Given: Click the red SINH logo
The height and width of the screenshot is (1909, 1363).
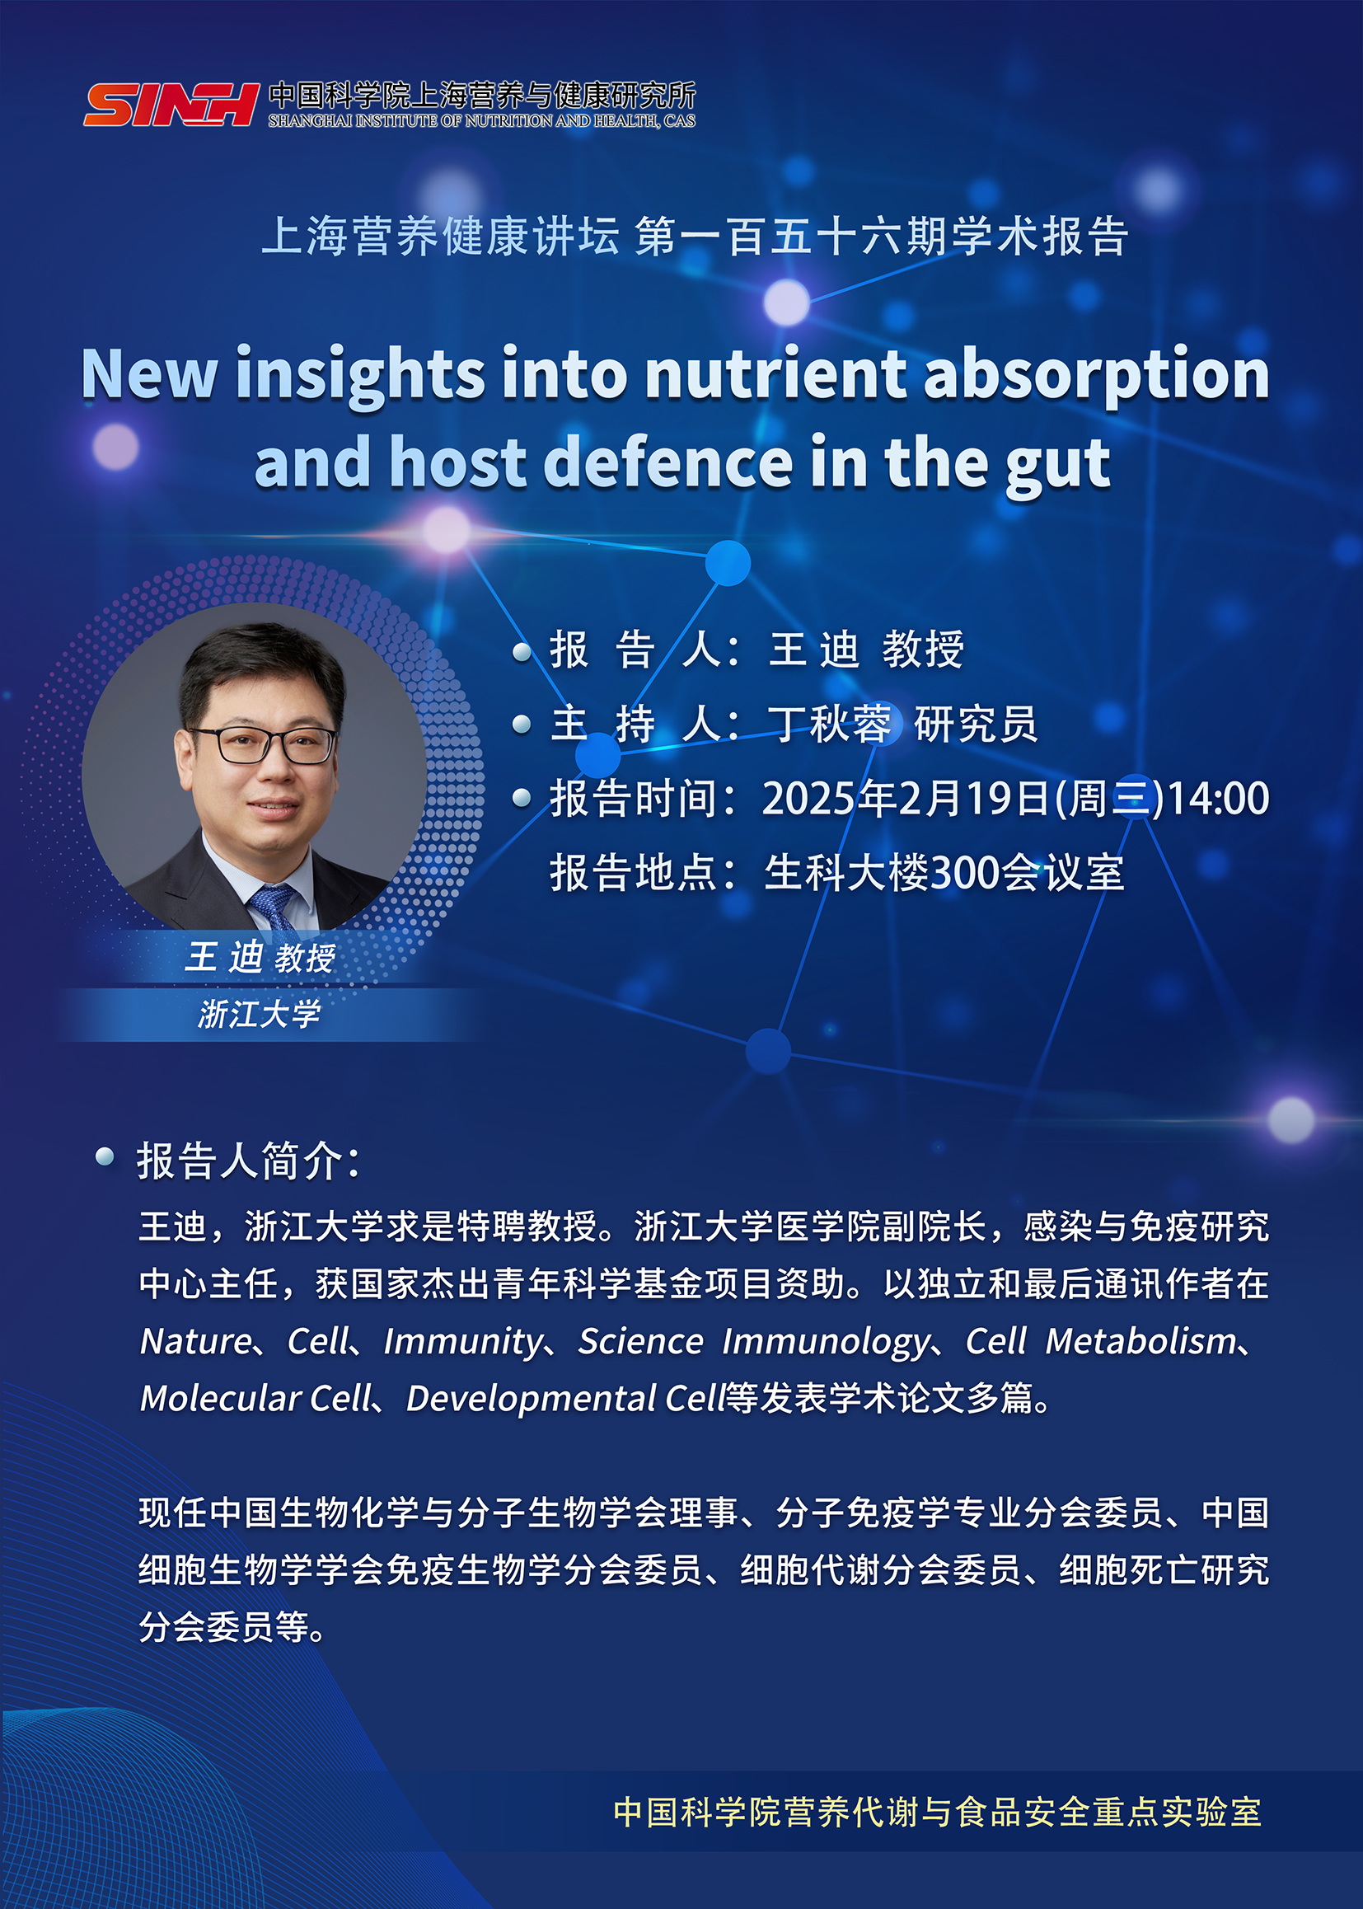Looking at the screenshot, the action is point(171,104).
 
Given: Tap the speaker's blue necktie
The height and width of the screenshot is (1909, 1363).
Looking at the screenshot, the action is point(273,908).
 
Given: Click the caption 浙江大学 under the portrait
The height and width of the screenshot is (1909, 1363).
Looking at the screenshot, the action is point(260,1014).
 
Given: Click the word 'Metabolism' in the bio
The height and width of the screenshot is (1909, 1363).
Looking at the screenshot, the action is point(1141,1340).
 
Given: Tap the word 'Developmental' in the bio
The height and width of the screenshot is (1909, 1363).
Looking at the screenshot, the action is point(531,1399).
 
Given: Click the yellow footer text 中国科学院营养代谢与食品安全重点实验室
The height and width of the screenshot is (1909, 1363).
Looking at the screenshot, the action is point(938,1812).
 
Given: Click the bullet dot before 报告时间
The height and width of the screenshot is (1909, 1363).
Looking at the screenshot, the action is point(522,798).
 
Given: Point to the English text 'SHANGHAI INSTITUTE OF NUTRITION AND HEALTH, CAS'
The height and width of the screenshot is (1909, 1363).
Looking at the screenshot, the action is point(482,121).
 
